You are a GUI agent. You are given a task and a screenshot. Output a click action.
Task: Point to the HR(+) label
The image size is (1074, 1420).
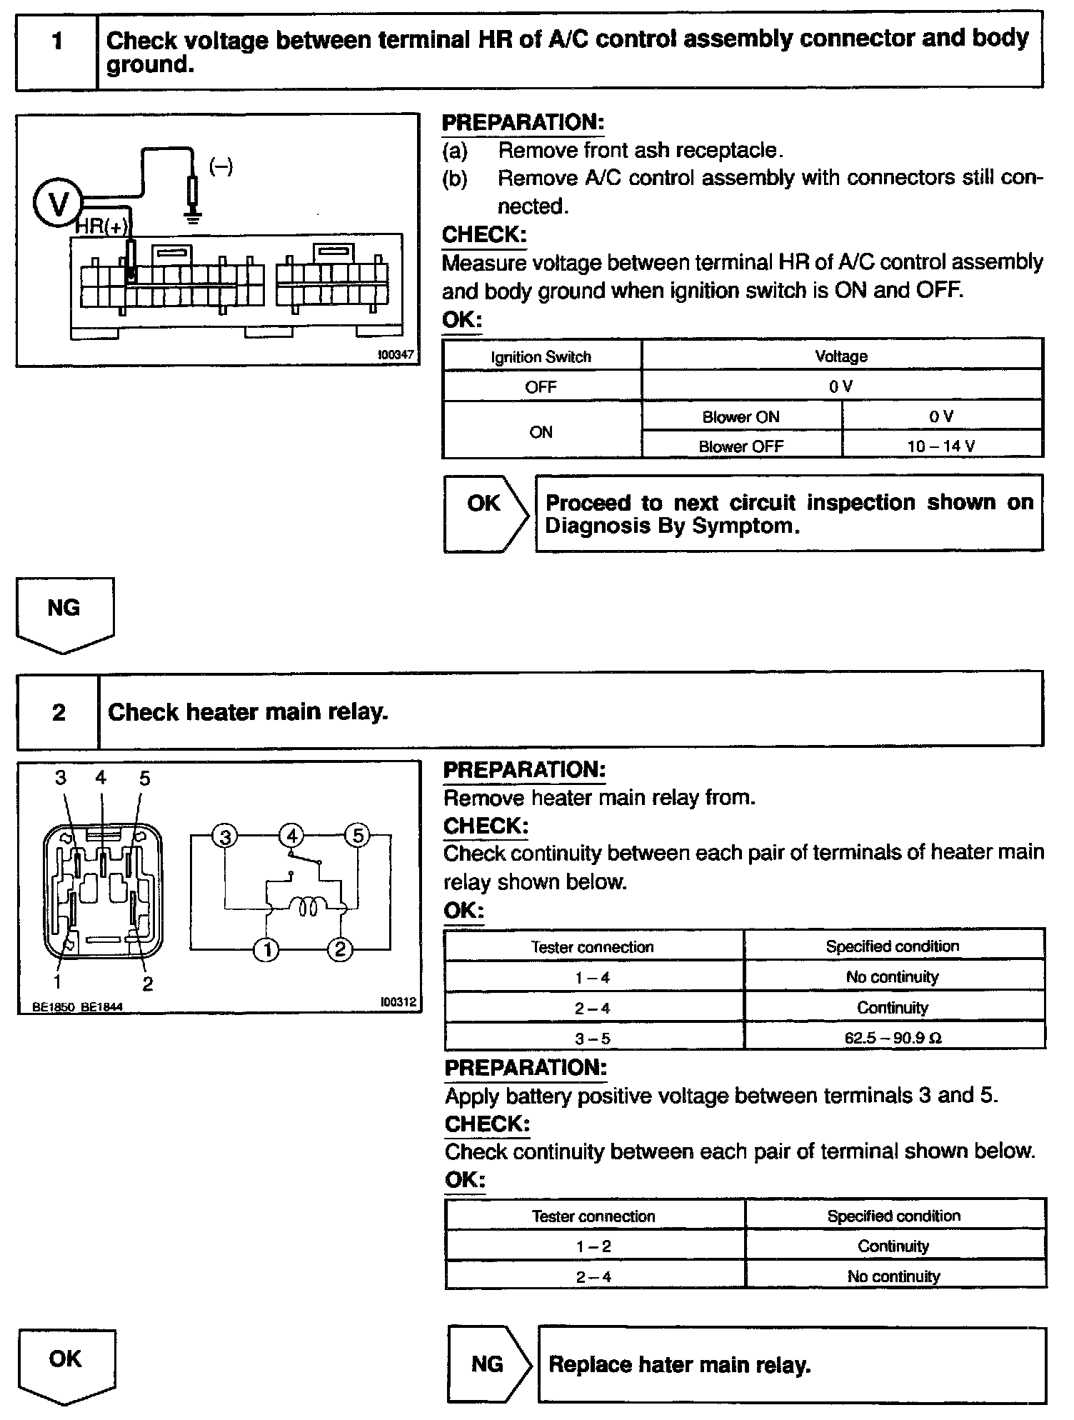(x=102, y=227)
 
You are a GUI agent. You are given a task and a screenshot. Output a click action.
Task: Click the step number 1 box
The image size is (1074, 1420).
(x=56, y=50)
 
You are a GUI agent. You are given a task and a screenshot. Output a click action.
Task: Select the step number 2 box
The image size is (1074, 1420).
(x=59, y=712)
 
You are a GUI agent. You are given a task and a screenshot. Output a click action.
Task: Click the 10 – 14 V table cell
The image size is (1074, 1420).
(x=941, y=446)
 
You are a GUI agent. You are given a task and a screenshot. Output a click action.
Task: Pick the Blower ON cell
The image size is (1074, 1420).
(x=741, y=417)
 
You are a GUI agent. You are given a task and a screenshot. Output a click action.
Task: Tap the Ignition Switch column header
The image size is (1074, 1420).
(x=541, y=357)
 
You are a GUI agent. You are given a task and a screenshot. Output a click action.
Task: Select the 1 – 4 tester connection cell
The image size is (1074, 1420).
(x=593, y=977)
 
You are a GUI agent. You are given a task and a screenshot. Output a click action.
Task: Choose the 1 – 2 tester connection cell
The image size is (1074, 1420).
(x=593, y=1246)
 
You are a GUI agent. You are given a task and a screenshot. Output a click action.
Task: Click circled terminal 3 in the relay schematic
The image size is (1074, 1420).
(x=225, y=836)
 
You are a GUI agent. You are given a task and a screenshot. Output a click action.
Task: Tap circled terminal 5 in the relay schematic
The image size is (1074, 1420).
(x=358, y=835)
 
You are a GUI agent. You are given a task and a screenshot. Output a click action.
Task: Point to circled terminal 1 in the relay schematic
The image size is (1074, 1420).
(x=267, y=949)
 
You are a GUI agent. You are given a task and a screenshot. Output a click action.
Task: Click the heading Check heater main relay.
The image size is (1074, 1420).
(x=248, y=712)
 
